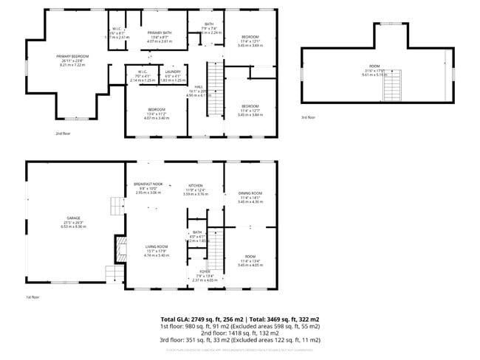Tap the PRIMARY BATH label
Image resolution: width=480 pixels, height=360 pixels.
coord(160,33)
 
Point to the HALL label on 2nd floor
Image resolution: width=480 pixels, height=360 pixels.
coord(199,87)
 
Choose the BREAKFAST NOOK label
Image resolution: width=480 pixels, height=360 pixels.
coord(148,184)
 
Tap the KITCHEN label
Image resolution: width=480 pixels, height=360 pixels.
coord(196,185)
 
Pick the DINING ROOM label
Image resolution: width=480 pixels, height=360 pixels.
coord(250,193)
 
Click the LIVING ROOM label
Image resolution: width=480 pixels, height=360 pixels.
coord(156,246)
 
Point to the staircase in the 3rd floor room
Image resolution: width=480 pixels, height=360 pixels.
coord(391,89)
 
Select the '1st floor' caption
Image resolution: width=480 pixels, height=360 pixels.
coord(33,297)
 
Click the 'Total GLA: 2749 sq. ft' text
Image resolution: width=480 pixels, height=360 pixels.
coord(192,319)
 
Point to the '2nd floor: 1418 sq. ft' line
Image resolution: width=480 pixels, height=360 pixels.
coord(240,333)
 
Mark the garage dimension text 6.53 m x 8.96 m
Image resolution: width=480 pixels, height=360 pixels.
coord(73,227)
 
